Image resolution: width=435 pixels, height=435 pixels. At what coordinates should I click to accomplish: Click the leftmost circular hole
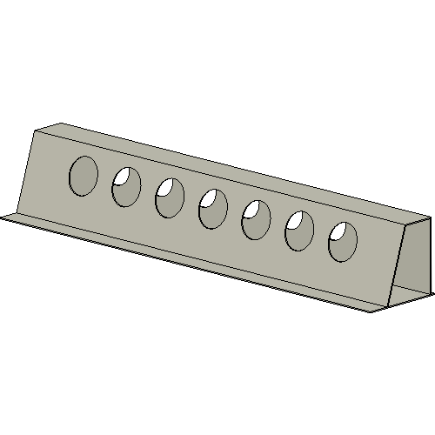84,175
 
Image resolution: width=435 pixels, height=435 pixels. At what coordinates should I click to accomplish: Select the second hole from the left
126,187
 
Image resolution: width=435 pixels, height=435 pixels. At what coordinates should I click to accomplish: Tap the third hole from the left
170,197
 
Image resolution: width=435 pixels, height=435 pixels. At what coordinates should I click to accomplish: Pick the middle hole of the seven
213,209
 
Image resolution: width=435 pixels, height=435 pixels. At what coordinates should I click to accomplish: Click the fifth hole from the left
257,219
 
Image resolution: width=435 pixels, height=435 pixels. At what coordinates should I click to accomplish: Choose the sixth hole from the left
300,231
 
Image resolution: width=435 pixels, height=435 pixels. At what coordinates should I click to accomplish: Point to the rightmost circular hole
343,241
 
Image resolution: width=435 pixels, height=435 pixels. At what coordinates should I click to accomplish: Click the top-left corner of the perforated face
36,130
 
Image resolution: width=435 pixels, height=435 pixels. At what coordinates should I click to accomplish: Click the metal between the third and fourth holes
191,204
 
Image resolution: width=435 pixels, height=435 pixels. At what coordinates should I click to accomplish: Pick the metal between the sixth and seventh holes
322,236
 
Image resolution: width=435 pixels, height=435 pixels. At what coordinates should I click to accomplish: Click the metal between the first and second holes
105,182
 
